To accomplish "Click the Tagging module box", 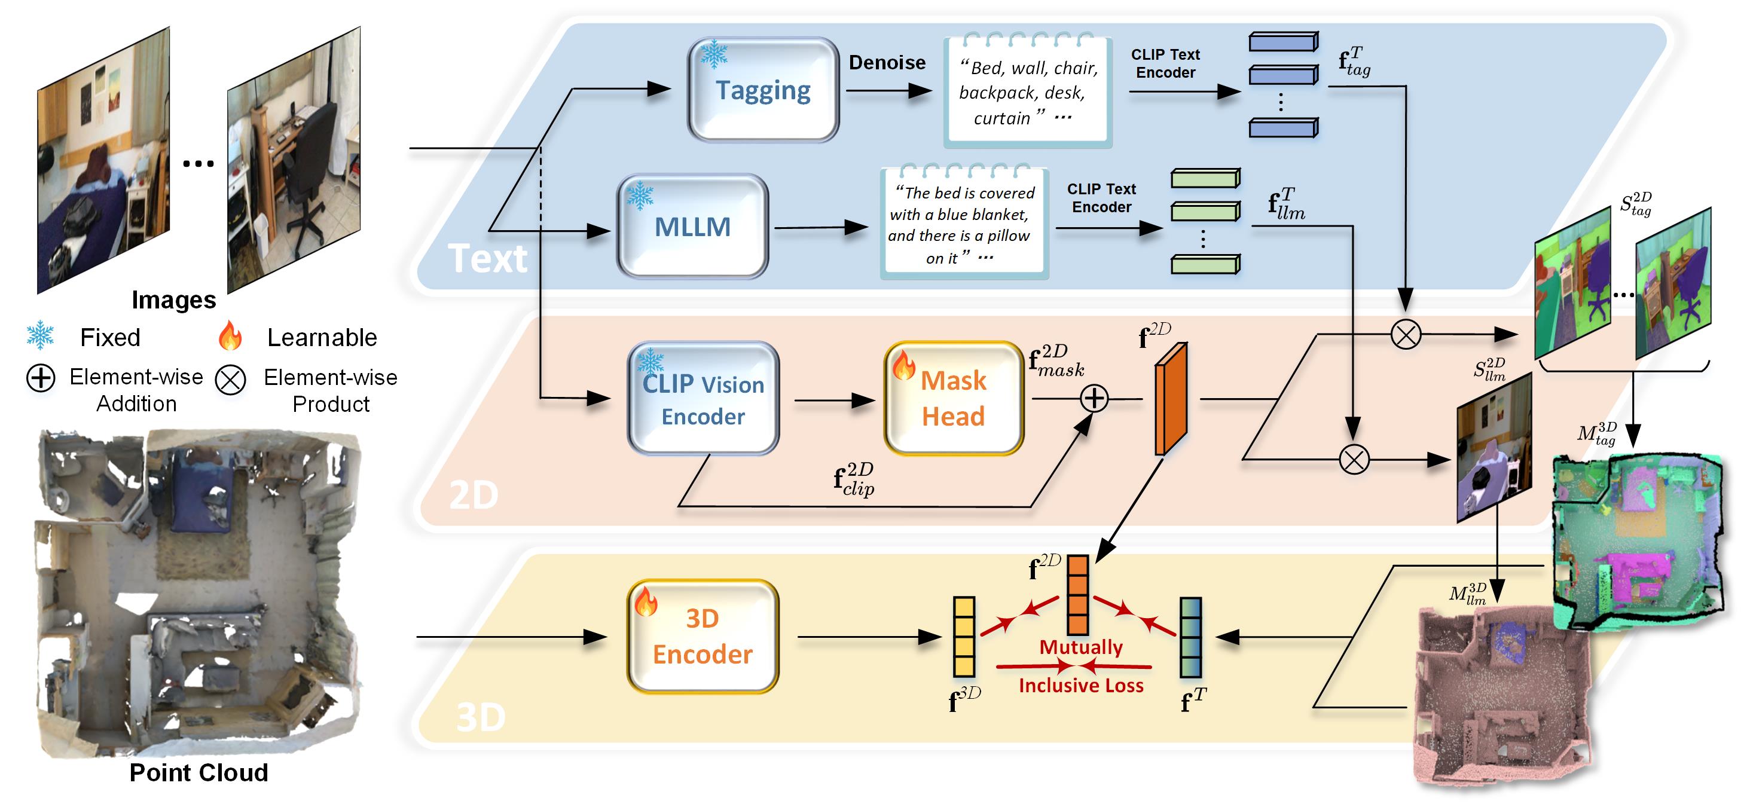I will point(763,90).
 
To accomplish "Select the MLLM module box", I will point(692,226).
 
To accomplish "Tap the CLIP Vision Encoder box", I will point(703,399).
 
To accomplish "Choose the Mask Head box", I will point(953,399).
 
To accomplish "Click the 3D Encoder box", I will point(703,637).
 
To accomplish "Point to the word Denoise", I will point(887,63).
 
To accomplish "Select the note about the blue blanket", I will point(964,225).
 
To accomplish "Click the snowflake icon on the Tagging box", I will point(713,54).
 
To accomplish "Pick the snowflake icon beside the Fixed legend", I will point(40,335).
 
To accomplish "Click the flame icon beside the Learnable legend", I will point(230,335).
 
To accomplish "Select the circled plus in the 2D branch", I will point(1094,399).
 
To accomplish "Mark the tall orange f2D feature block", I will point(1171,399).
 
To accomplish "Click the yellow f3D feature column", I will point(964,637).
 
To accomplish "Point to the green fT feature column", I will point(1190,637).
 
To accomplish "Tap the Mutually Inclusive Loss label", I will point(1081,666).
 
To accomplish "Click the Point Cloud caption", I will point(198,772).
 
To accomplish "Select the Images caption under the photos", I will point(174,299).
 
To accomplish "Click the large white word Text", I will point(487,259).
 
